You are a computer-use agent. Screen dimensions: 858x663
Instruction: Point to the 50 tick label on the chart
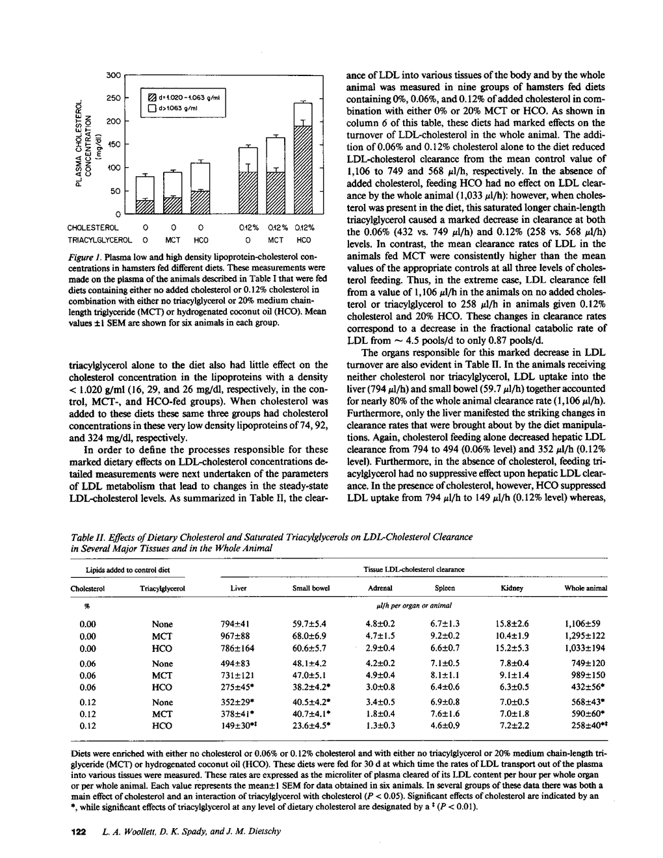116,191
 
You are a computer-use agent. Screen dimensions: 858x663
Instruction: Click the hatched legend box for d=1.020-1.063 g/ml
149,98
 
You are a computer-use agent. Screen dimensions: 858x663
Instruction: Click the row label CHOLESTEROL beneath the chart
93,228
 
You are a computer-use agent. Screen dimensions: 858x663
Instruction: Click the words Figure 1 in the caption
81,261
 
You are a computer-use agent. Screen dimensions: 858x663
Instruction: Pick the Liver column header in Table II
239,588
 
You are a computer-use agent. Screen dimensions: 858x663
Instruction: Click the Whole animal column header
586,588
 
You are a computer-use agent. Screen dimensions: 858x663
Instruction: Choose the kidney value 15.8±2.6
512,624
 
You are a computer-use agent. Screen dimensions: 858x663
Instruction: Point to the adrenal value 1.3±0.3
380,727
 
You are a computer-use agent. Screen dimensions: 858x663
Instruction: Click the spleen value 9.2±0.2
445,636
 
